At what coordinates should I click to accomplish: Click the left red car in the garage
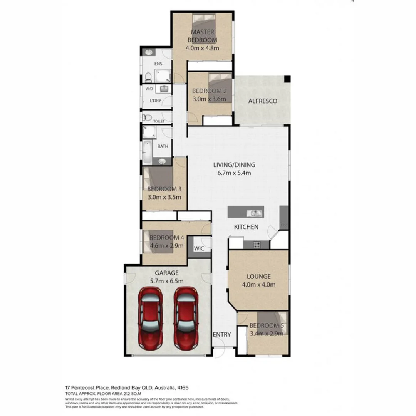151,317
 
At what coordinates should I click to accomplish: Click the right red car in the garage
186,317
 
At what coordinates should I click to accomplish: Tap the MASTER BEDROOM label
202,36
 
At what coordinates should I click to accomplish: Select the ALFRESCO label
263,101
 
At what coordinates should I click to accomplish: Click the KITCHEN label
246,227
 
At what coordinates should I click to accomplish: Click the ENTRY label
222,334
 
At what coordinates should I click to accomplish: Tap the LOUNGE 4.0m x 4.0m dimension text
258,285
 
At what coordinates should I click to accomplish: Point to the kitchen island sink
255,213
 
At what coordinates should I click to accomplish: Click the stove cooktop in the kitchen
257,244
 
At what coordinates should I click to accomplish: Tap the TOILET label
159,121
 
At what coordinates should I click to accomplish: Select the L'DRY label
155,101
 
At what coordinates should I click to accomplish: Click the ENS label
158,63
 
